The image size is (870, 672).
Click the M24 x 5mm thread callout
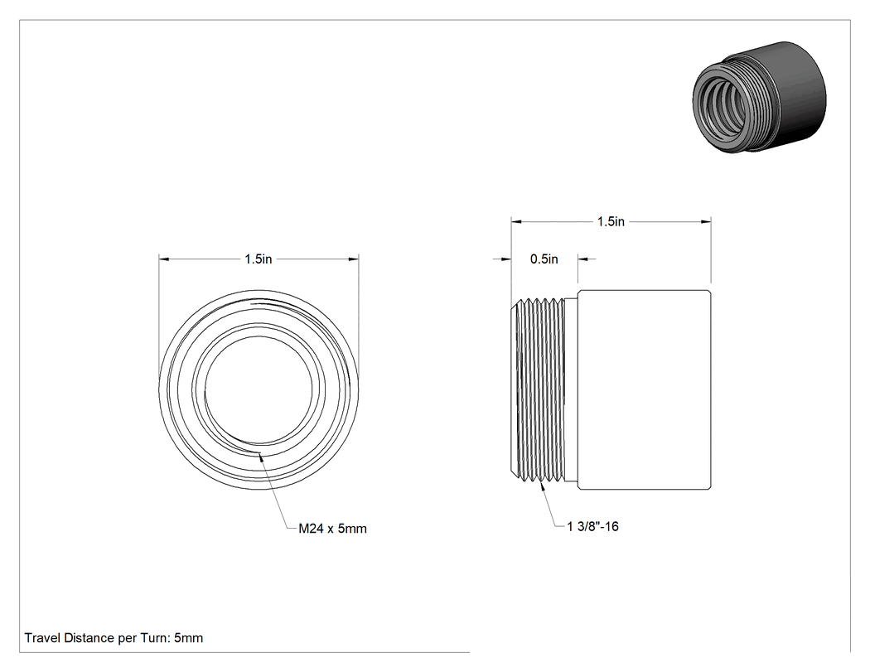point(332,529)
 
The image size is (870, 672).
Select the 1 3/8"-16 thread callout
point(592,526)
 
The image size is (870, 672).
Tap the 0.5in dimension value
point(544,259)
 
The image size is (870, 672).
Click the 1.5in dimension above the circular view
point(259,259)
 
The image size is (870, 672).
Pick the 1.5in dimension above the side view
point(611,221)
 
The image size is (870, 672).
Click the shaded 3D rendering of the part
point(759,97)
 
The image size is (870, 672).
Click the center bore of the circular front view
point(259,390)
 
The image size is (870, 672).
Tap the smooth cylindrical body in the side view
point(644,390)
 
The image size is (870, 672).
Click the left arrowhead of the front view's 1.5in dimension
point(164,259)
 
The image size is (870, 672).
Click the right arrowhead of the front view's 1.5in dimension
point(354,259)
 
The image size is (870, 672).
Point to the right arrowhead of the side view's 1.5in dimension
point(706,222)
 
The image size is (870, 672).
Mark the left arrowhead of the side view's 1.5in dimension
point(516,222)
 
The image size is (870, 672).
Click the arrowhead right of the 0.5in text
point(583,259)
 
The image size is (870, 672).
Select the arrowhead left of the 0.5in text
point(505,259)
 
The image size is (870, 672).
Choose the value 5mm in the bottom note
point(189,637)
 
